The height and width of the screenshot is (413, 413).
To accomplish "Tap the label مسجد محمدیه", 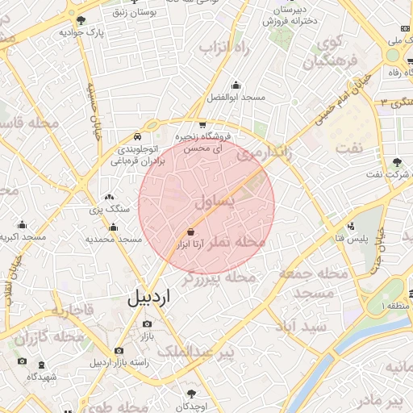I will (x=114, y=239).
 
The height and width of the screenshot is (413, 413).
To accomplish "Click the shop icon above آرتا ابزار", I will (x=190, y=230).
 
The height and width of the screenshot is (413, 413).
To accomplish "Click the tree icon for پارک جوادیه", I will (x=81, y=19).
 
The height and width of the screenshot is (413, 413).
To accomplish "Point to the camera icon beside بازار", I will (x=147, y=324).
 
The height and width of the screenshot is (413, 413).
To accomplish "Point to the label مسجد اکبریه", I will (x=23, y=238).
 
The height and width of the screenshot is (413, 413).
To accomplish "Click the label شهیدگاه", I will (x=40, y=377).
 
